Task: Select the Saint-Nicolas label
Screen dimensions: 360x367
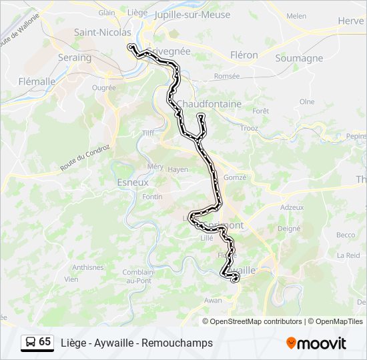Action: (102, 32)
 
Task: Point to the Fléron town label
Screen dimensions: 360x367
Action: (244, 55)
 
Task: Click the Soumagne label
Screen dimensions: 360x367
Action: (299, 58)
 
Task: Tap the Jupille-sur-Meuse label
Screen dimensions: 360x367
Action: (192, 14)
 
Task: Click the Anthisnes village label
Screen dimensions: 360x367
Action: (88, 267)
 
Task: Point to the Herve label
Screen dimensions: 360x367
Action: (350, 21)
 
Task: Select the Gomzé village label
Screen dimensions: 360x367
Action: (235, 177)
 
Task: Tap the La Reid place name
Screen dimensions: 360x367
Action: (348, 255)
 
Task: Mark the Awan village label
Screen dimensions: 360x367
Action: (213, 301)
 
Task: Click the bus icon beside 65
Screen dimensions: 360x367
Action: (30, 342)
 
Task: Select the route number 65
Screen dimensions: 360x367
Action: (45, 342)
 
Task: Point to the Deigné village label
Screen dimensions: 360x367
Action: (289, 228)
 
